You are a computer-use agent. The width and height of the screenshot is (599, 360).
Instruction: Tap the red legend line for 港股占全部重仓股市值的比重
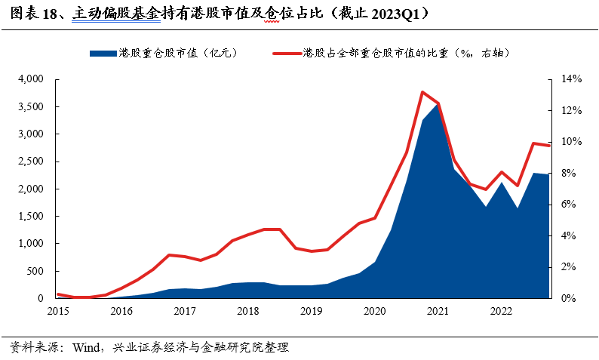tap(286, 53)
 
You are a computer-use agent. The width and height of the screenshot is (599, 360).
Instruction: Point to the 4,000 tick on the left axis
tap(31, 79)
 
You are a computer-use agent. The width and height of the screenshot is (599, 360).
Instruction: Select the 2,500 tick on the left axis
tap(31, 162)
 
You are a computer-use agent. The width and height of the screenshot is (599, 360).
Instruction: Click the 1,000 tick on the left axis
tap(31, 244)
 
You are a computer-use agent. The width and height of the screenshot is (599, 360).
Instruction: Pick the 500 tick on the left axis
tap(35, 271)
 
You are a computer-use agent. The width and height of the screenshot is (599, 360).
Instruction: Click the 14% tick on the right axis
tap(568, 79)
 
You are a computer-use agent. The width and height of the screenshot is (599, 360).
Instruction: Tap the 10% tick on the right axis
tap(568, 142)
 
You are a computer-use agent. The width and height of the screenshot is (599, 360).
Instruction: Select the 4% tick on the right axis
tap(565, 235)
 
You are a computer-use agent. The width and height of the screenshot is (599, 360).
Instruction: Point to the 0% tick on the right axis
tap(565, 298)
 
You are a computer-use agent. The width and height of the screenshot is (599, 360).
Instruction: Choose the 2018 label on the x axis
tap(247, 310)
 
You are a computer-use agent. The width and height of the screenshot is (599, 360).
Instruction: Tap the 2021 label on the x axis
tap(438, 310)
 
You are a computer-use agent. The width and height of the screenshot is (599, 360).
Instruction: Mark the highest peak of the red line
tap(422, 92)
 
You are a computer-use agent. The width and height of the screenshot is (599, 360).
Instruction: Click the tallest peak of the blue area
tap(438, 105)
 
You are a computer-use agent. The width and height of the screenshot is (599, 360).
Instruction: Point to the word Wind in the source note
tap(86, 348)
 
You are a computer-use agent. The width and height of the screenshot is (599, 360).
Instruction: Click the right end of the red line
tap(549, 145)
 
